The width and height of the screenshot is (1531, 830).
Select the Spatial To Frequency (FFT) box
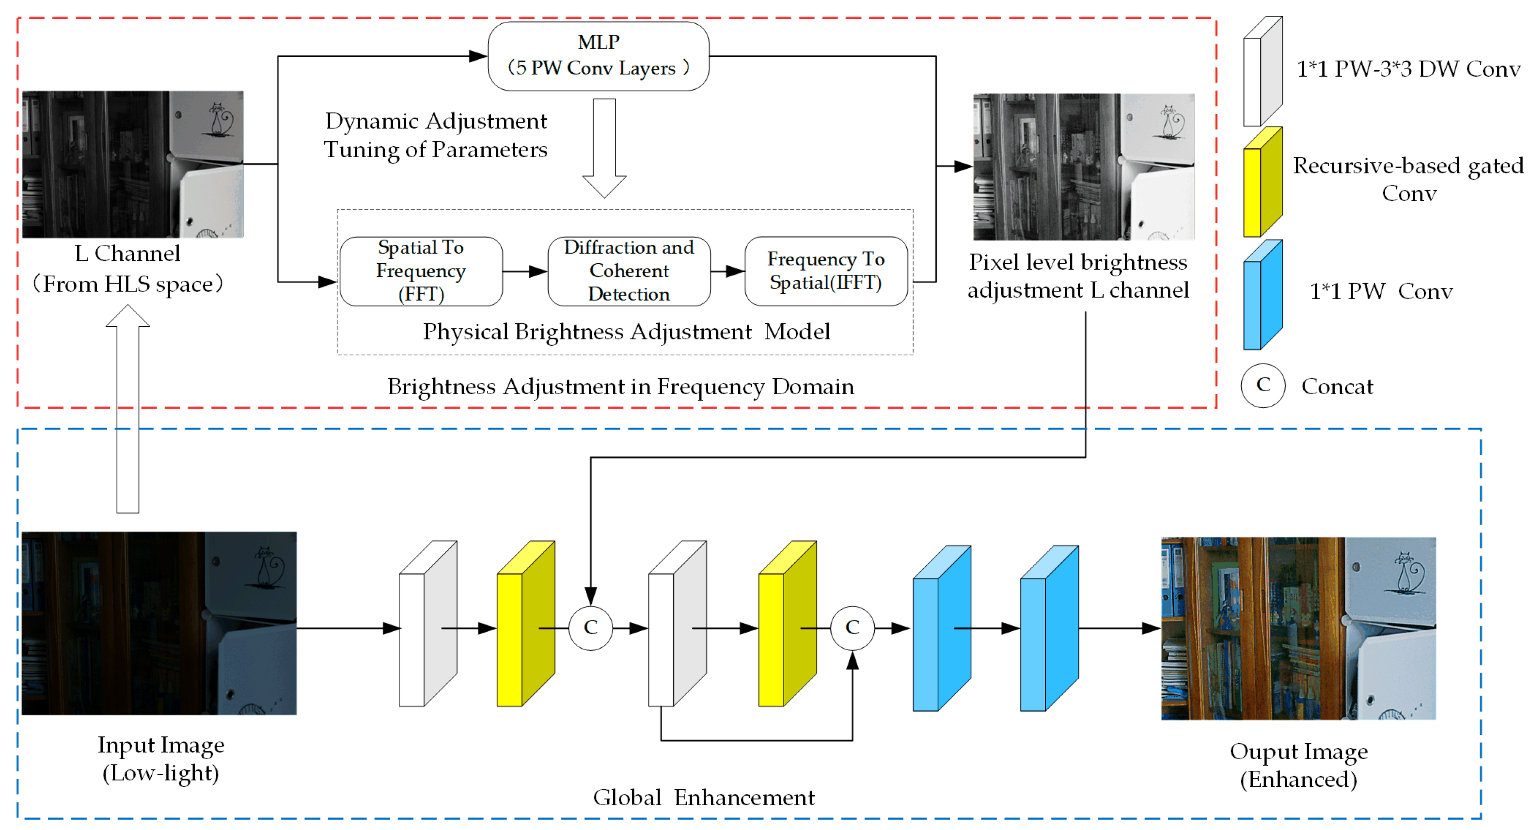(x=421, y=271)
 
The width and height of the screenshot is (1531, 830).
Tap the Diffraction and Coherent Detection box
(x=629, y=271)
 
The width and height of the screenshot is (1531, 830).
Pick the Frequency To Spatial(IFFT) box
(x=825, y=271)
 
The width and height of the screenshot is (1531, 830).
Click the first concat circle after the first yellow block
(x=590, y=628)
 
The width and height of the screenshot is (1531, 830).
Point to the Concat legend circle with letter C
(x=1263, y=386)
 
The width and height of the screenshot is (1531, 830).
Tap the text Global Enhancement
(x=704, y=798)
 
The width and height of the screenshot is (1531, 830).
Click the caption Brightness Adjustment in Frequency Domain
(x=620, y=386)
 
